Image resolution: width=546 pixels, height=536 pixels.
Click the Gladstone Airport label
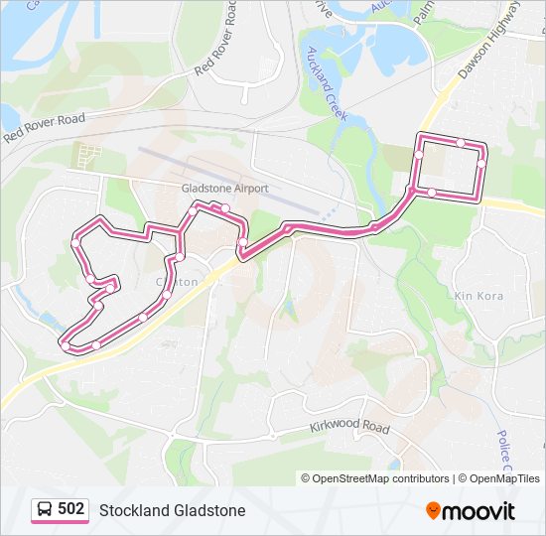(x=225, y=188)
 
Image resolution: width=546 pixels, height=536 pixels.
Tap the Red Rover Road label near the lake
(x=44, y=127)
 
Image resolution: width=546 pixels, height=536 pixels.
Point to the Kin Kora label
(x=478, y=296)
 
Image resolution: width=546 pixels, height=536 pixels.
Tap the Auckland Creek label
(x=326, y=83)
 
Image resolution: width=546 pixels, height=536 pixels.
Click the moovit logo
(x=471, y=510)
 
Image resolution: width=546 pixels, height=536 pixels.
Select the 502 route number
(x=70, y=509)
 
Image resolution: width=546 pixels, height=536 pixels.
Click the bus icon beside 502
(x=45, y=509)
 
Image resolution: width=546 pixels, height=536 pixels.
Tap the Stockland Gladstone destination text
(x=172, y=510)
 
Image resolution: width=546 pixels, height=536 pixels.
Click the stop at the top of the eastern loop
(x=461, y=143)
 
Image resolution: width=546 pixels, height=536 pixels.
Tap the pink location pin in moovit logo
(x=434, y=511)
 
